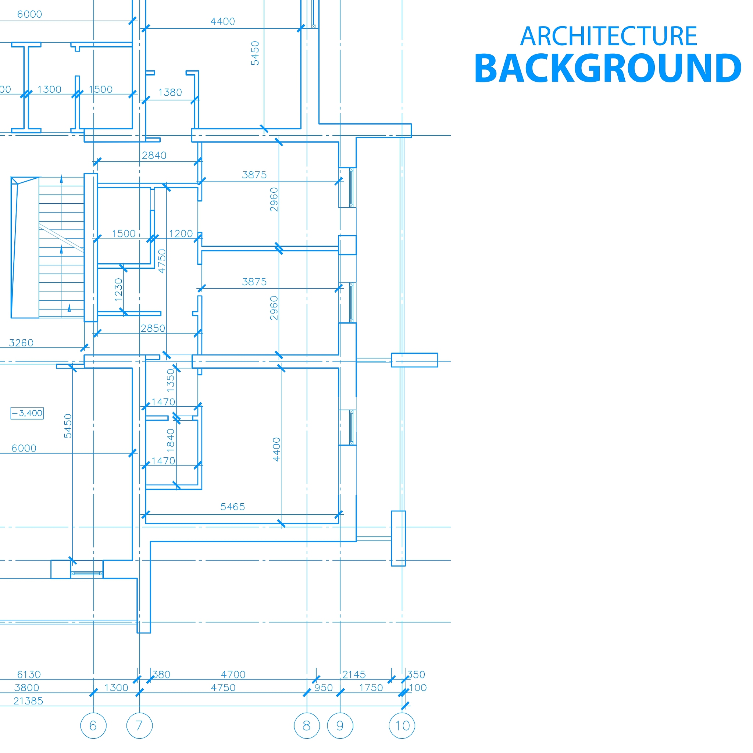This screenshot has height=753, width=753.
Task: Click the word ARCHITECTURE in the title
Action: [609, 36]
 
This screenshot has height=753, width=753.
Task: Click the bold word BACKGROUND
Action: [608, 69]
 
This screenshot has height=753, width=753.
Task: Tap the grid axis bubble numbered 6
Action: [93, 726]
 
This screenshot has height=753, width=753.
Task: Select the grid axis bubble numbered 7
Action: [139, 726]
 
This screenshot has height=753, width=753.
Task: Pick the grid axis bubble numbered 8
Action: [307, 726]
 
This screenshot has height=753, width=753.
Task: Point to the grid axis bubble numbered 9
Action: [340, 726]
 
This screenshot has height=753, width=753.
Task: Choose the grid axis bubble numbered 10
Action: [402, 726]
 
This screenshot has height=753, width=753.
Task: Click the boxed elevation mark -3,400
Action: [27, 413]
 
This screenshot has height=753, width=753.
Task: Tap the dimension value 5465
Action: [233, 507]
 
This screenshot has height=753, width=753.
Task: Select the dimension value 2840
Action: [154, 156]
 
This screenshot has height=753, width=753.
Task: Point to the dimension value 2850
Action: [153, 328]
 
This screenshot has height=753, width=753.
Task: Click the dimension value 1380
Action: [170, 92]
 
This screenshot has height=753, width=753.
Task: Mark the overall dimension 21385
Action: [28, 701]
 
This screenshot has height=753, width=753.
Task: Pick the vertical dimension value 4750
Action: [162, 261]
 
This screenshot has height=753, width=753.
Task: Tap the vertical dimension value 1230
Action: [118, 290]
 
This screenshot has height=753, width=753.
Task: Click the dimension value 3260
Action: [21, 343]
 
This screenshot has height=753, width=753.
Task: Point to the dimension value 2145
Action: [354, 675]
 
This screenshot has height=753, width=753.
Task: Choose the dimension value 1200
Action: [181, 233]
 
